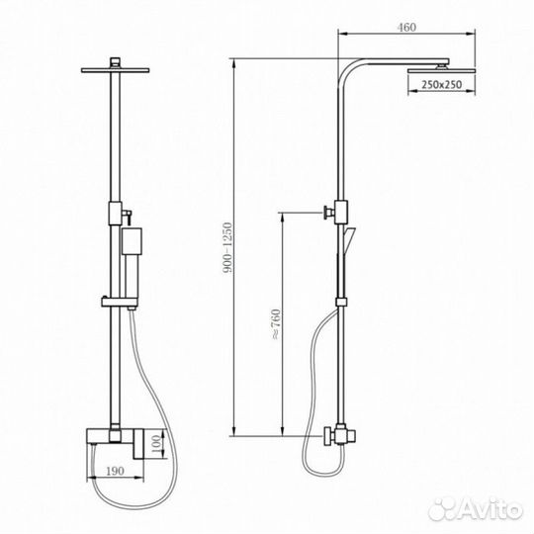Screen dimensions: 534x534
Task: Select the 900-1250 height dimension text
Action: point(229,247)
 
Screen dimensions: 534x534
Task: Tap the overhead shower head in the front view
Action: point(120,67)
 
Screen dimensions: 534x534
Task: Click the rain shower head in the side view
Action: point(435,67)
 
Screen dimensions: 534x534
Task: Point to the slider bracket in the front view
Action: point(120,297)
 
